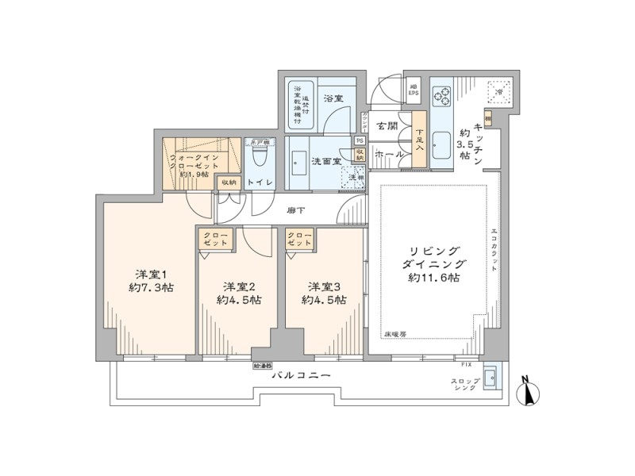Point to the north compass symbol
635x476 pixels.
tap(526, 391)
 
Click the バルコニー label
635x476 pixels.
tap(299, 376)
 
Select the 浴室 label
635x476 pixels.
tap(333, 98)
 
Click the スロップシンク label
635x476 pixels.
tap(464, 386)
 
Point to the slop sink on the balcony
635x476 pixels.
tap(491, 378)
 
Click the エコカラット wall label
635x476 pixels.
tap(493, 250)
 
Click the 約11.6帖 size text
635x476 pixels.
tap(434, 278)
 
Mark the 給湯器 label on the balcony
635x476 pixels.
tap(263, 367)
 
